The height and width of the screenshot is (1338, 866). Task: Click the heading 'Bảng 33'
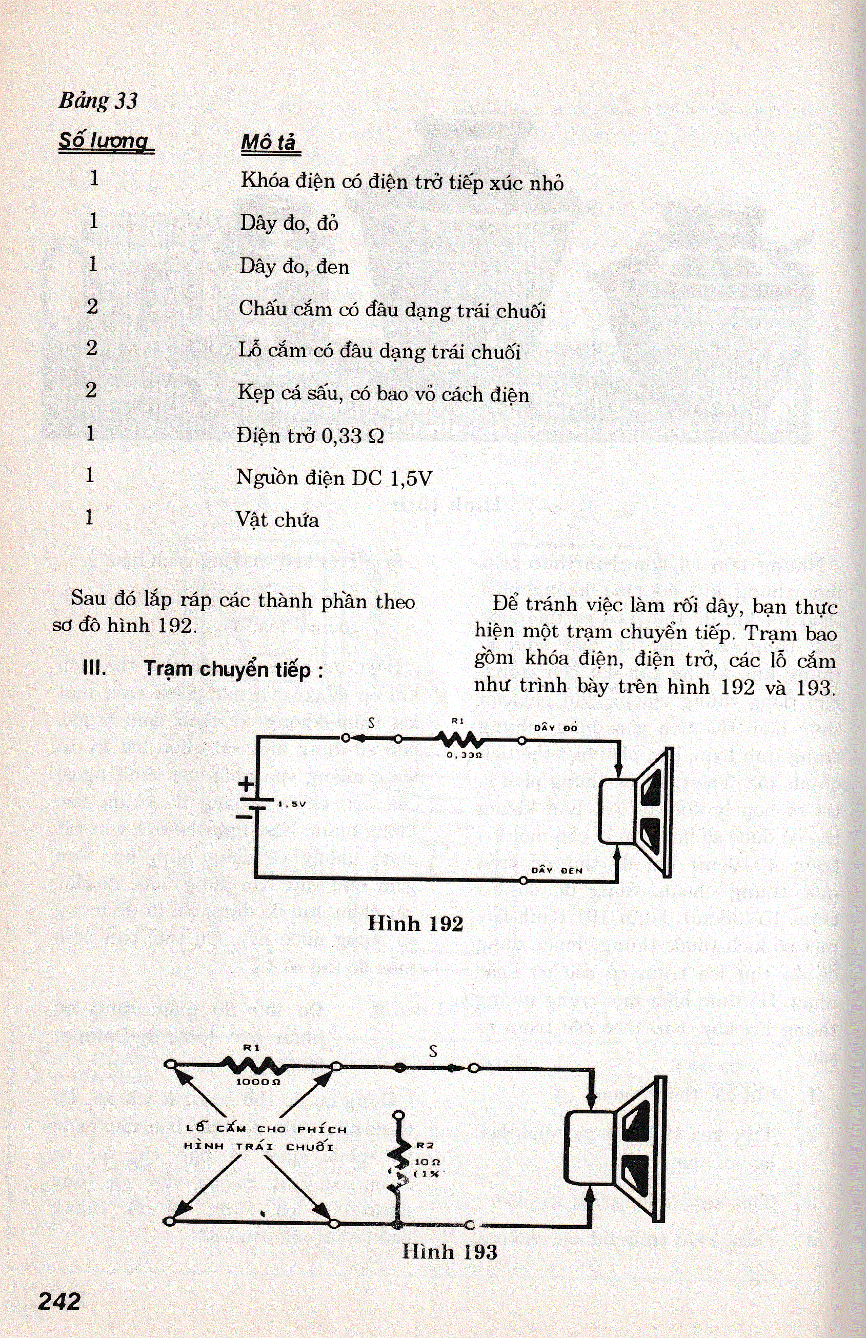tap(98, 101)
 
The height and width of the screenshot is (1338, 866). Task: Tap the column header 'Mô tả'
tap(269, 143)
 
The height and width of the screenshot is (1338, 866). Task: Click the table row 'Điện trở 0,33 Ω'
tap(310, 436)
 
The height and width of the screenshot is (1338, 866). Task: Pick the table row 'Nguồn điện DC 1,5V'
tap(334, 478)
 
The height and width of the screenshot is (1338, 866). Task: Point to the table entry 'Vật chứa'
tap(277, 520)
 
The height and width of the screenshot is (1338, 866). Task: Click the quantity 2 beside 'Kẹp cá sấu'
tap(92, 390)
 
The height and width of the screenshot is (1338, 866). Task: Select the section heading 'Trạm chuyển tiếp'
tap(233, 669)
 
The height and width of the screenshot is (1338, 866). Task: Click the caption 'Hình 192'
tap(415, 924)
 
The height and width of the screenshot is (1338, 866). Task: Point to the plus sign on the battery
tap(247, 784)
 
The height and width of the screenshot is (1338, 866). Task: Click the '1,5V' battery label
tap(292, 804)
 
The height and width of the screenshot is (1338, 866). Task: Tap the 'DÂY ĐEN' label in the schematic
tap(557, 871)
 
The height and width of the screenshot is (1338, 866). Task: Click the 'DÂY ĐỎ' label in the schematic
tap(556, 728)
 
